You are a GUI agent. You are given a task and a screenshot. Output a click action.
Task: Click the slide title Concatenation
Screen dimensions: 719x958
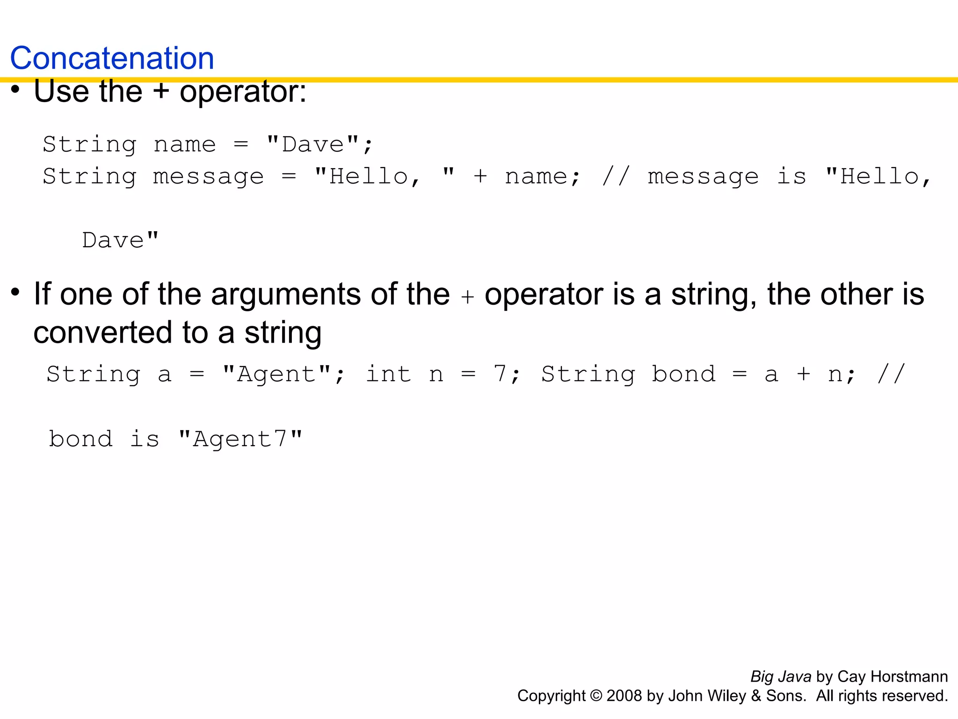[112, 59]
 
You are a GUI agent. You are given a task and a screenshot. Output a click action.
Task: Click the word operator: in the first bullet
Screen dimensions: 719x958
[243, 92]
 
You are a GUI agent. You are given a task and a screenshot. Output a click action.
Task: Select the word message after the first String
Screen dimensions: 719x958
[209, 177]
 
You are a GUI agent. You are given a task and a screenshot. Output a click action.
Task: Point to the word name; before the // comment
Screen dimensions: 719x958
[542, 177]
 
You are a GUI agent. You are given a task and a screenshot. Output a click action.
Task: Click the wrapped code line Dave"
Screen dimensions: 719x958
[120, 241]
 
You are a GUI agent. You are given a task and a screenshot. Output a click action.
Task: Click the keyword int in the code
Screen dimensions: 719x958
[388, 374]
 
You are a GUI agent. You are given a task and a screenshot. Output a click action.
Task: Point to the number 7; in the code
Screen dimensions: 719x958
[506, 374]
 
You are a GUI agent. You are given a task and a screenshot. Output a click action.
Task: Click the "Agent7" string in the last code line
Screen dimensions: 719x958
[240, 440]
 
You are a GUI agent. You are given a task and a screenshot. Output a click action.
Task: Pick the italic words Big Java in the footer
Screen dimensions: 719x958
[781, 677]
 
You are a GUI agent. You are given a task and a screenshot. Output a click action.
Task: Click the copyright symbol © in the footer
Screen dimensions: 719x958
[596, 696]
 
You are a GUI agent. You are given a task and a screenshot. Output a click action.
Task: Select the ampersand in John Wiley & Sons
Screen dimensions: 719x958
[756, 696]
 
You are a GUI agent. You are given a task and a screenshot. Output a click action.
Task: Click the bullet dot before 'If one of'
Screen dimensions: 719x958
[15, 292]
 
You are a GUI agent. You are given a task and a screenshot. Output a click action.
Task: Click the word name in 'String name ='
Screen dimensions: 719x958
[185, 145]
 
